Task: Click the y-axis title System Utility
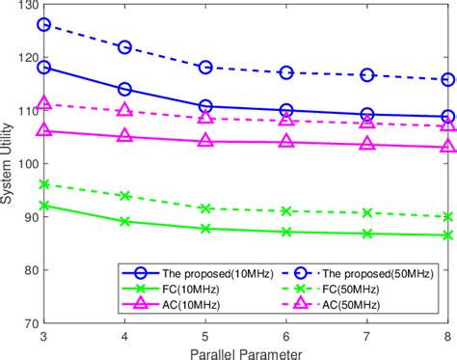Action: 9,164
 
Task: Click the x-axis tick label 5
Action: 205,335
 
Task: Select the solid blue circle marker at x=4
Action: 125,89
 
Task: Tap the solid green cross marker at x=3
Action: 44,205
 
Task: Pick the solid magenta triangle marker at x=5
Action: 205,141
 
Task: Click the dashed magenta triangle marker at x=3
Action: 44,103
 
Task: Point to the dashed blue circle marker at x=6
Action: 286,72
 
